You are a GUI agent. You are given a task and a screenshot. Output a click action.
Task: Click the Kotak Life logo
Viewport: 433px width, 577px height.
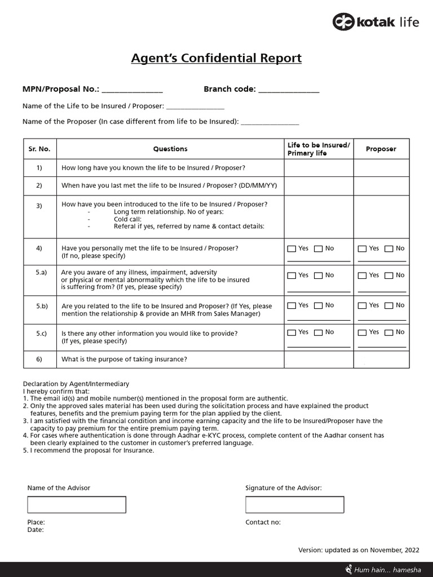[x=375, y=23]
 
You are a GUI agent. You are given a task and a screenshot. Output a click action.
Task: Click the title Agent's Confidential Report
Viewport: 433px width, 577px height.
[x=216, y=58]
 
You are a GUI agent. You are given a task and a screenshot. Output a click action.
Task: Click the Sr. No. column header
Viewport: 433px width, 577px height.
[x=39, y=149]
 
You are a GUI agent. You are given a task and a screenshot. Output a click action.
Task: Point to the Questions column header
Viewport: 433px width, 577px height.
[x=170, y=149]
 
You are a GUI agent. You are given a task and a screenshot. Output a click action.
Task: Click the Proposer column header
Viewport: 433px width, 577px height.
[x=381, y=149]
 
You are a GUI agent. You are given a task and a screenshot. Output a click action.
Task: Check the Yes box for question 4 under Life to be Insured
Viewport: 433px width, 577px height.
[x=291, y=248]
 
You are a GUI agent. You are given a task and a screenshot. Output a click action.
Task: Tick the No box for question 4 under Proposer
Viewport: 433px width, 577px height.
[x=388, y=248]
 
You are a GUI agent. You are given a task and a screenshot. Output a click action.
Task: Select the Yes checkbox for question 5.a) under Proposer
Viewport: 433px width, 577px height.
[x=362, y=276]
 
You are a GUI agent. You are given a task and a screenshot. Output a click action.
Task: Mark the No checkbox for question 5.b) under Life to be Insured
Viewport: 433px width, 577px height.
[x=318, y=305]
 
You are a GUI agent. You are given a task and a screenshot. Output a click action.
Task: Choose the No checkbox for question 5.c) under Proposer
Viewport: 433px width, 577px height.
[x=388, y=332]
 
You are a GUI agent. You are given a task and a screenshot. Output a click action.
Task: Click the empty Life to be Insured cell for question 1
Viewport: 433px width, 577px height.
[x=319, y=168]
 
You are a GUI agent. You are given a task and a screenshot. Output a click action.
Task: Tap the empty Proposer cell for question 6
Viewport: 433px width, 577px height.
[x=381, y=359]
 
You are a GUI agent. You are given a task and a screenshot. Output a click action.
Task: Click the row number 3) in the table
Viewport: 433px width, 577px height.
[x=39, y=206]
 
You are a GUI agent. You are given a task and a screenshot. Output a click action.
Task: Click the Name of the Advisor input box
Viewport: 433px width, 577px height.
[x=77, y=504]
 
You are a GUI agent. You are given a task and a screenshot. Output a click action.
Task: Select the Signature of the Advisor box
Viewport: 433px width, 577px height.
[x=294, y=504]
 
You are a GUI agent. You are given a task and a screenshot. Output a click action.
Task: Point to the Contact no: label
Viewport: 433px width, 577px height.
[x=263, y=522]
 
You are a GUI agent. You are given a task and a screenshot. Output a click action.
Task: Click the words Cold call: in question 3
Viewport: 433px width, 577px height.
[x=127, y=219]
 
